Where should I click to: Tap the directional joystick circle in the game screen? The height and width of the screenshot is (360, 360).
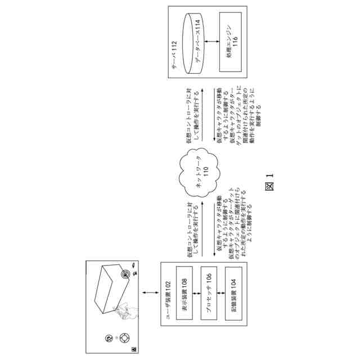(124, 338)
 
